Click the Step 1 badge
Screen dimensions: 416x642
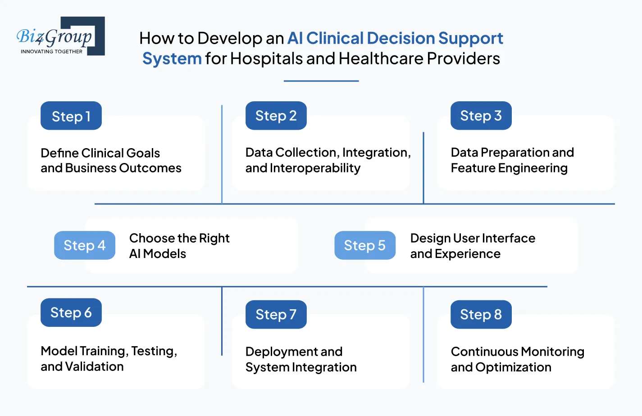coord(71,116)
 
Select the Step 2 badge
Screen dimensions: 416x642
coord(276,116)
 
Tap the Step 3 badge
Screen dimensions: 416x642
coord(481,116)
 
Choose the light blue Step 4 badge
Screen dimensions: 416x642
coord(85,245)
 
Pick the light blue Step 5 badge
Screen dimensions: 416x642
coord(364,245)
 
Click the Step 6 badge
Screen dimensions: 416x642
coord(71,312)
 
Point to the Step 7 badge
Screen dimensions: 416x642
coord(276,314)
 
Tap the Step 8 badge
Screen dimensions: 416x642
coord(481,314)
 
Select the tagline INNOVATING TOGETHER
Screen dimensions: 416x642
coord(51,51)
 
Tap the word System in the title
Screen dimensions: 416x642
coord(172,59)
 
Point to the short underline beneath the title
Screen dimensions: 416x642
coord(321,81)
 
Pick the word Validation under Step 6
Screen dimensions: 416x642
coord(94,366)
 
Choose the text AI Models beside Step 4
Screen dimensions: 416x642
coord(157,254)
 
